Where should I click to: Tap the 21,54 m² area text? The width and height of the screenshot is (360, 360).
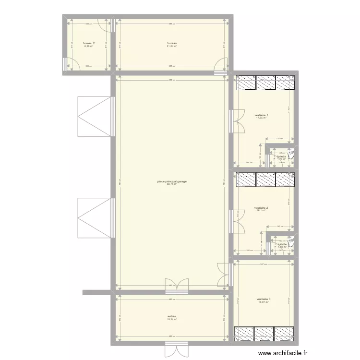(172, 47)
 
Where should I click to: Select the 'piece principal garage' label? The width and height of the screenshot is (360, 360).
(172, 181)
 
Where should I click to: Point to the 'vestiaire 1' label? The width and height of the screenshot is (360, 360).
(261, 115)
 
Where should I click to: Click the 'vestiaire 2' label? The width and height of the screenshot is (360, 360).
(261, 208)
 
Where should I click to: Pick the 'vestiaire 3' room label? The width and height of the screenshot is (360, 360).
(264, 299)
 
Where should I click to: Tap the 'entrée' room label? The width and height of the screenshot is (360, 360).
(172, 316)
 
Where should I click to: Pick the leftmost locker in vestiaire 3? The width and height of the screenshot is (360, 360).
(243, 334)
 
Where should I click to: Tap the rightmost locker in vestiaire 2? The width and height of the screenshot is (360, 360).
(284, 179)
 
